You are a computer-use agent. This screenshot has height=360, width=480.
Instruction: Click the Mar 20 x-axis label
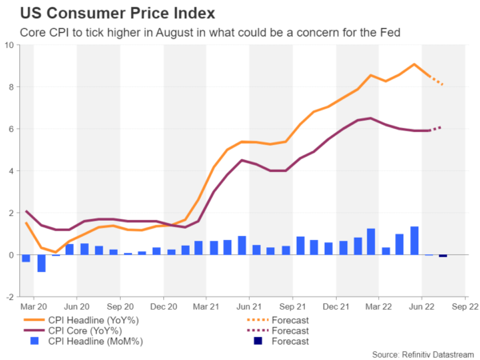click(32, 306)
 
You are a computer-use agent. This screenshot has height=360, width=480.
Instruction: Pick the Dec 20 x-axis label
click(163, 306)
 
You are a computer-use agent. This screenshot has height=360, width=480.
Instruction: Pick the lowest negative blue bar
click(41, 263)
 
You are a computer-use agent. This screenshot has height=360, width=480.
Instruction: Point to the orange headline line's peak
click(414, 64)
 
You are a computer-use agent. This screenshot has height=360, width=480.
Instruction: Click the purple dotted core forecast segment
click(435, 128)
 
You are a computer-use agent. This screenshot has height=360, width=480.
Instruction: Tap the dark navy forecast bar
click(442, 256)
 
